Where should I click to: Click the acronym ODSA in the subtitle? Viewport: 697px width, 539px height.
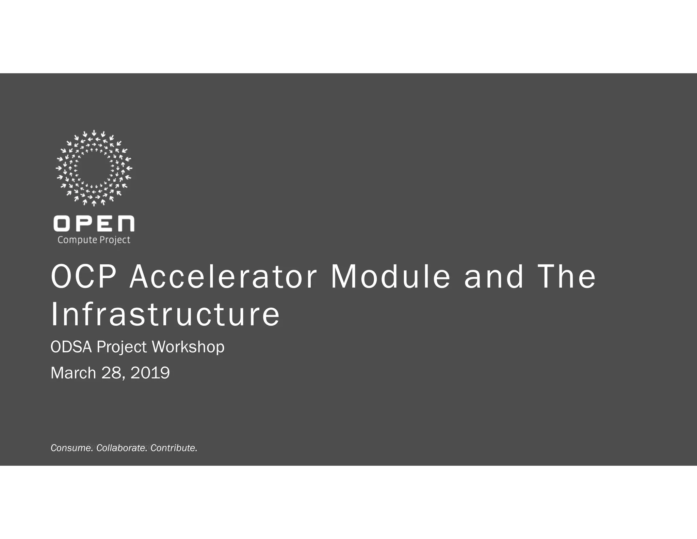point(71,347)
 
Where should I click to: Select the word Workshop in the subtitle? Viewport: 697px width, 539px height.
point(188,347)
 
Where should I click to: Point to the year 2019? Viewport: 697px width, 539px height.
point(150,373)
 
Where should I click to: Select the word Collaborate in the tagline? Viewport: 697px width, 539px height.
point(121,448)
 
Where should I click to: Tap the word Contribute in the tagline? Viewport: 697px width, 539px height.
point(174,448)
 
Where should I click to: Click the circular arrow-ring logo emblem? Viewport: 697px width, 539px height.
point(94,168)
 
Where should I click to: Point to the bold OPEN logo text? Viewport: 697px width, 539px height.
point(94,224)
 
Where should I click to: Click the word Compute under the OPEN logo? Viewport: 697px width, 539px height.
point(77,240)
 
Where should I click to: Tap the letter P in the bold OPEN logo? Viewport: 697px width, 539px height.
point(84,224)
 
